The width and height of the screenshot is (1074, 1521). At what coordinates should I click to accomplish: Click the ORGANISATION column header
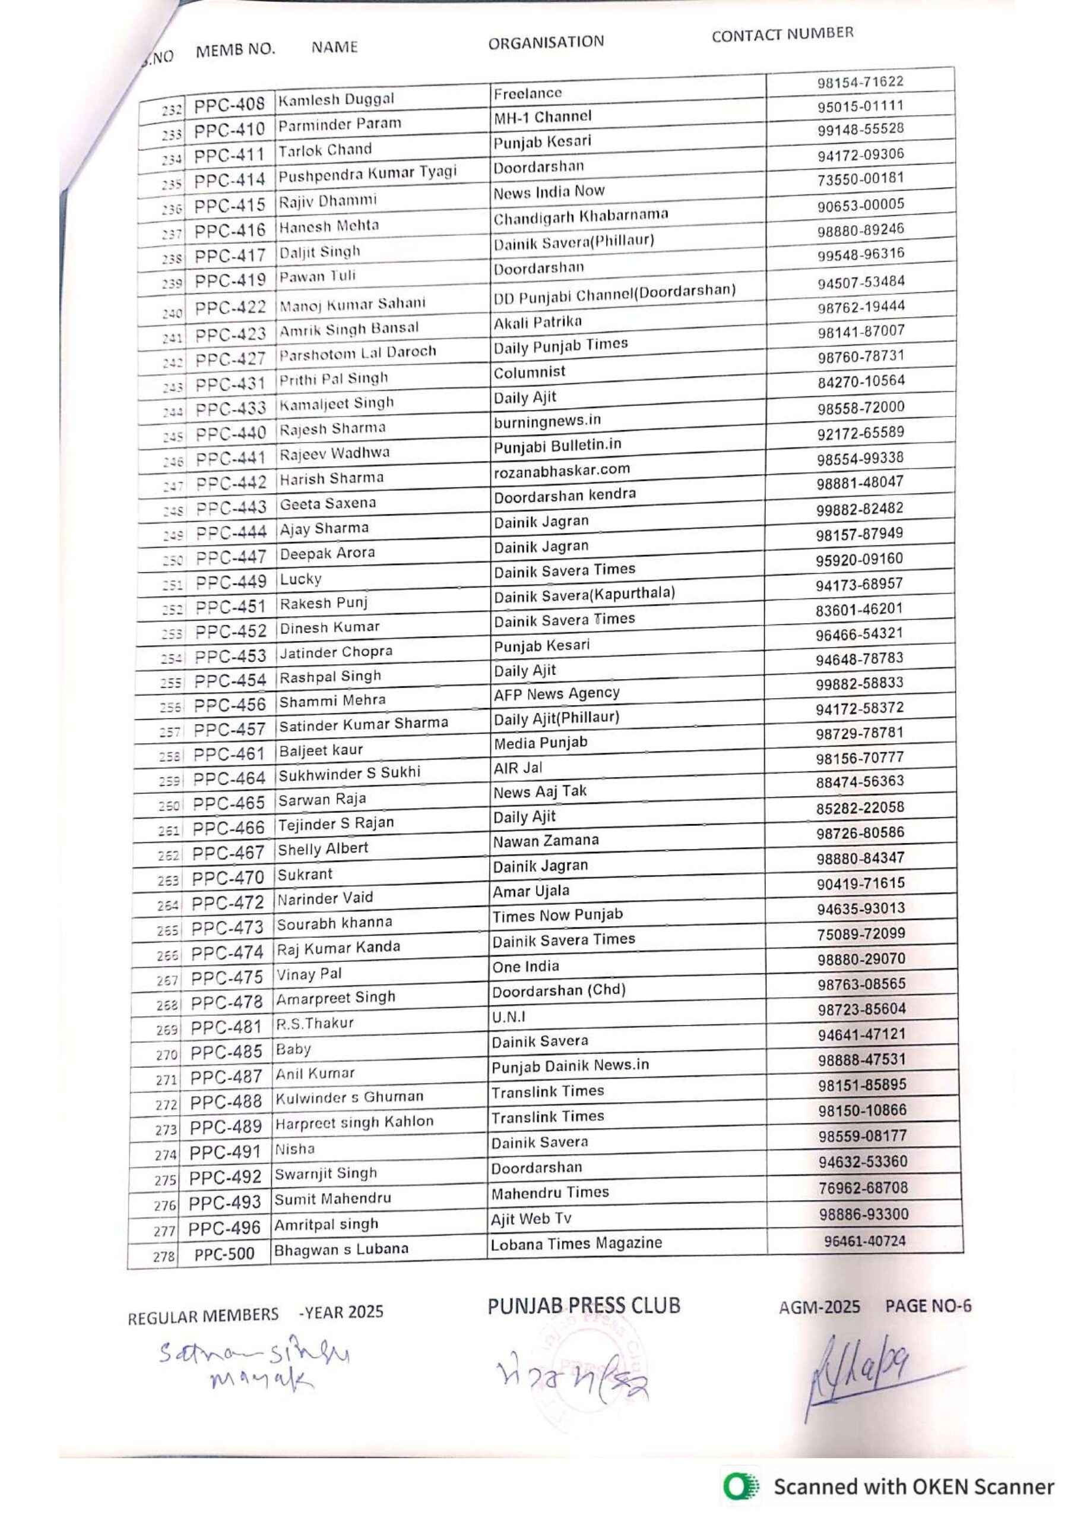point(546,42)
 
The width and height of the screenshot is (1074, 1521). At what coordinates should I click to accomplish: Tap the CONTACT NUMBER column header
point(782,34)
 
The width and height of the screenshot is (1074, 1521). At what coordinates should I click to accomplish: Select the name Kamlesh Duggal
point(335,100)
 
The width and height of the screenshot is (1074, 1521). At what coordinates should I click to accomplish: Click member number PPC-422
point(230,308)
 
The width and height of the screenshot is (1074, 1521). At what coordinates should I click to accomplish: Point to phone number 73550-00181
point(860,179)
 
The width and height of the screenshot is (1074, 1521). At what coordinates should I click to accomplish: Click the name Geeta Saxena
point(327,503)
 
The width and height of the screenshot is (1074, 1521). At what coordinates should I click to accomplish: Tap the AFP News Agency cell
point(556,693)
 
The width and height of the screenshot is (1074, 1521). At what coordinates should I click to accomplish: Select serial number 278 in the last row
point(164,1256)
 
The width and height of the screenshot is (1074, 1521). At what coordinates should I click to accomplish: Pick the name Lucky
point(300,579)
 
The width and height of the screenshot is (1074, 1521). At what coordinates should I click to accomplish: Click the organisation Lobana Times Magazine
point(576,1244)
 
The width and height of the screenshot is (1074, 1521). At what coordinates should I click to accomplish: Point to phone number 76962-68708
point(863,1188)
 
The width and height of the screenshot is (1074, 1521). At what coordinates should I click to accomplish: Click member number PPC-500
point(224,1255)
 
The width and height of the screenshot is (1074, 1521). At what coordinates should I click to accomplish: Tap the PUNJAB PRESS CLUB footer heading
point(584,1306)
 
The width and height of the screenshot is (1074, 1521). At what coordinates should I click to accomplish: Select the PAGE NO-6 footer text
point(929,1307)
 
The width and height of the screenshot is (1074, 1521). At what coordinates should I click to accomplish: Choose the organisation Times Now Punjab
point(557,915)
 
